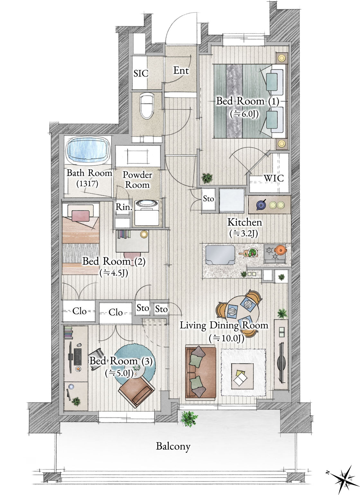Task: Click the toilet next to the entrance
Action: (147, 106)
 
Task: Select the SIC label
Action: (141, 73)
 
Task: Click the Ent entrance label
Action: (181, 71)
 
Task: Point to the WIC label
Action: (274, 178)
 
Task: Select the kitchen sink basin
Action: (220, 255)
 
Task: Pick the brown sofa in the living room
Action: (201, 373)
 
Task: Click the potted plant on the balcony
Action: (189, 419)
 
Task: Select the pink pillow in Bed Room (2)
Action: (81, 216)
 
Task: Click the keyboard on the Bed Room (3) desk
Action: (77, 357)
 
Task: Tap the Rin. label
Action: (124, 207)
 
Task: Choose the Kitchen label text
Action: (245, 222)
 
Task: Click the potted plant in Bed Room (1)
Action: (207, 178)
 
